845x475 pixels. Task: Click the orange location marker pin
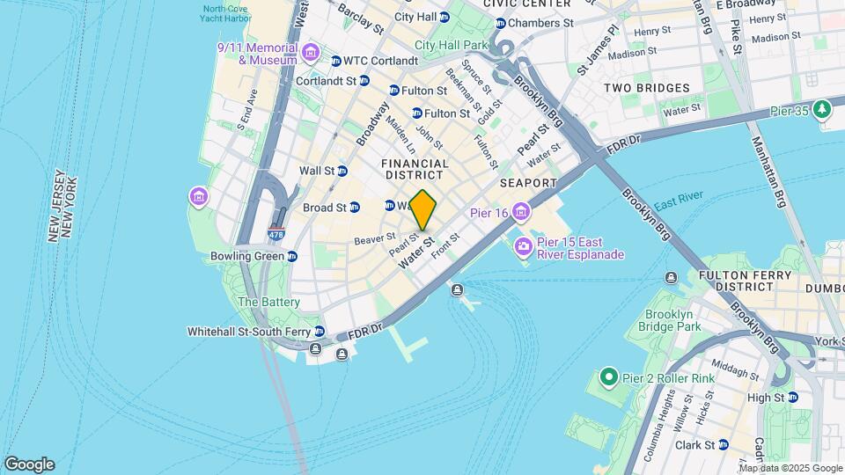coord(423,210)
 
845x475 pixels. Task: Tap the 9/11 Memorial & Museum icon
coord(309,54)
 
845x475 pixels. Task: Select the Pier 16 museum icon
coord(521,212)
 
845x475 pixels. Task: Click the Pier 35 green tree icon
coord(822,108)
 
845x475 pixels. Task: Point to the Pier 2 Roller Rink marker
coord(607,378)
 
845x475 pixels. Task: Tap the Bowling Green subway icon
coord(292,256)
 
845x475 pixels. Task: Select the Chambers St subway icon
coord(500,23)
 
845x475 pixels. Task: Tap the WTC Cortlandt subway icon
coord(335,61)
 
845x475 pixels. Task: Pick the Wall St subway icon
coord(342,171)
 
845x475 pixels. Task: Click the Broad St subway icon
coord(354,208)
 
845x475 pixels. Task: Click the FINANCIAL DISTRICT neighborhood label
coord(415,169)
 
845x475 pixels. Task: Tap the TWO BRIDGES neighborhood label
coord(646,88)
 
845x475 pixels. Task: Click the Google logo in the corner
coord(29,464)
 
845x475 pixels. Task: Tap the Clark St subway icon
coord(723,444)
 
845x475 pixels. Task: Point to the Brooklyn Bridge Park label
coord(672,320)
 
